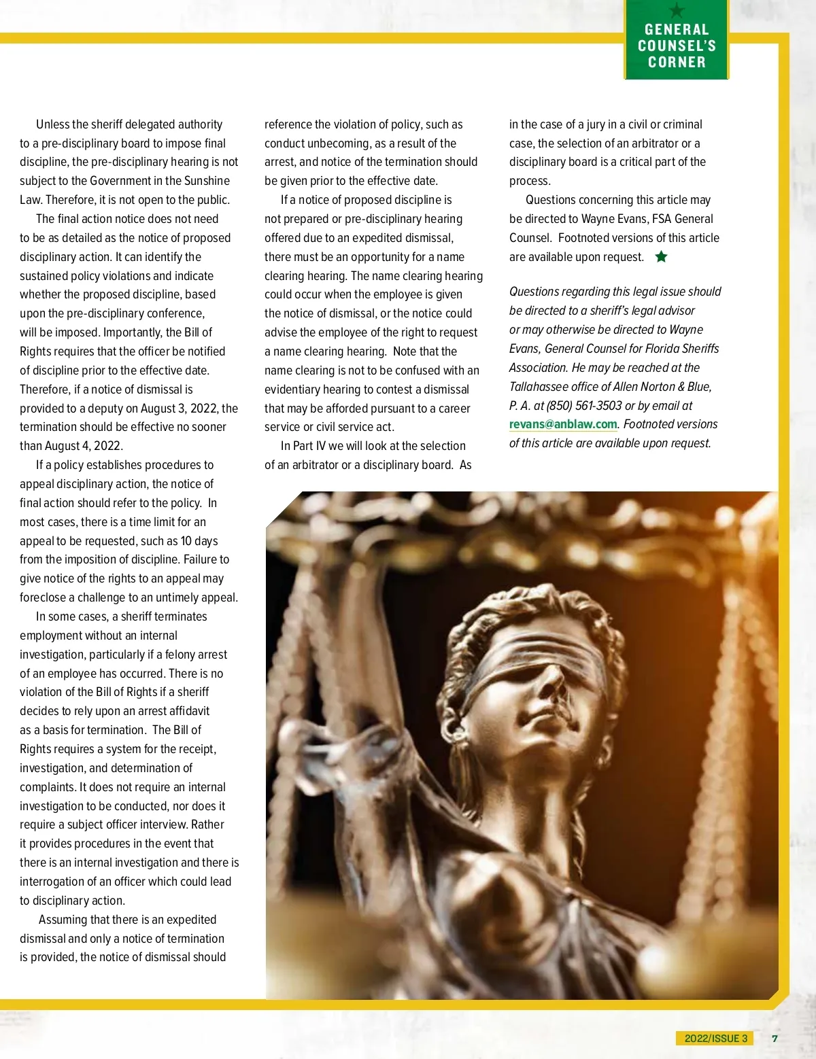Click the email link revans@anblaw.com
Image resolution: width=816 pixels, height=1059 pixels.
(x=563, y=424)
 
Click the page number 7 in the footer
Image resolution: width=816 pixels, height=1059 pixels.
(x=775, y=1038)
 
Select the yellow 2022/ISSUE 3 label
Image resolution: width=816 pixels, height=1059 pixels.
(x=715, y=1038)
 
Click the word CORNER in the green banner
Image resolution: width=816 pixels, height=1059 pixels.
(x=677, y=63)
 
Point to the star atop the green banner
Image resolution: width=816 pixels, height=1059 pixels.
(x=677, y=10)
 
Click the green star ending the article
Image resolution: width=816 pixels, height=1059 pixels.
(x=661, y=257)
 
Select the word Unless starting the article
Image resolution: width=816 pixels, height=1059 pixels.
(x=53, y=124)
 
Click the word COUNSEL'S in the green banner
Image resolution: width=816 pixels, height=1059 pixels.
(x=677, y=46)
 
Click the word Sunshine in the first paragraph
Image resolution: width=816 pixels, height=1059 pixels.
(x=207, y=181)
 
